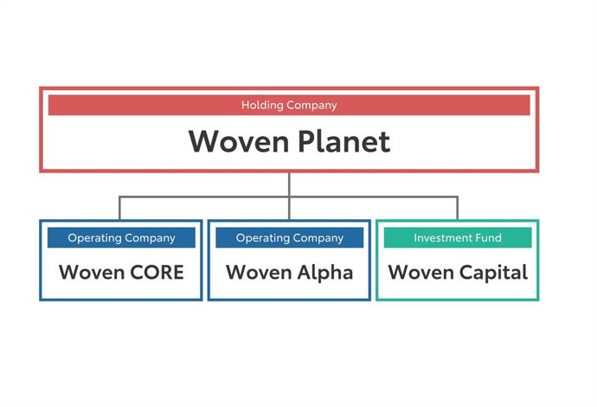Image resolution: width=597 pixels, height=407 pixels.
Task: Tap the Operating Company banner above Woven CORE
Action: [121, 238]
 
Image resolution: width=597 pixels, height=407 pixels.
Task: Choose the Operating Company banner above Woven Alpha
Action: [289, 238]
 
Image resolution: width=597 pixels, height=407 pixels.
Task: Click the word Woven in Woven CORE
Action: [89, 273]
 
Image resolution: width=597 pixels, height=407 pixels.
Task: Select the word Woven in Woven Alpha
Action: [257, 273]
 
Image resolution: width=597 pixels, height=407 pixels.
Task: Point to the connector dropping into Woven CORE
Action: [120, 208]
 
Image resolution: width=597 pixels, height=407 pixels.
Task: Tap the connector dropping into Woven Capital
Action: [457, 208]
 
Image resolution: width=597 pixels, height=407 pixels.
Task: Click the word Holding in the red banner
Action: [260, 106]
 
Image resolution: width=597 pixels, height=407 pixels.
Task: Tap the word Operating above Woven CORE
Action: [93, 238]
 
